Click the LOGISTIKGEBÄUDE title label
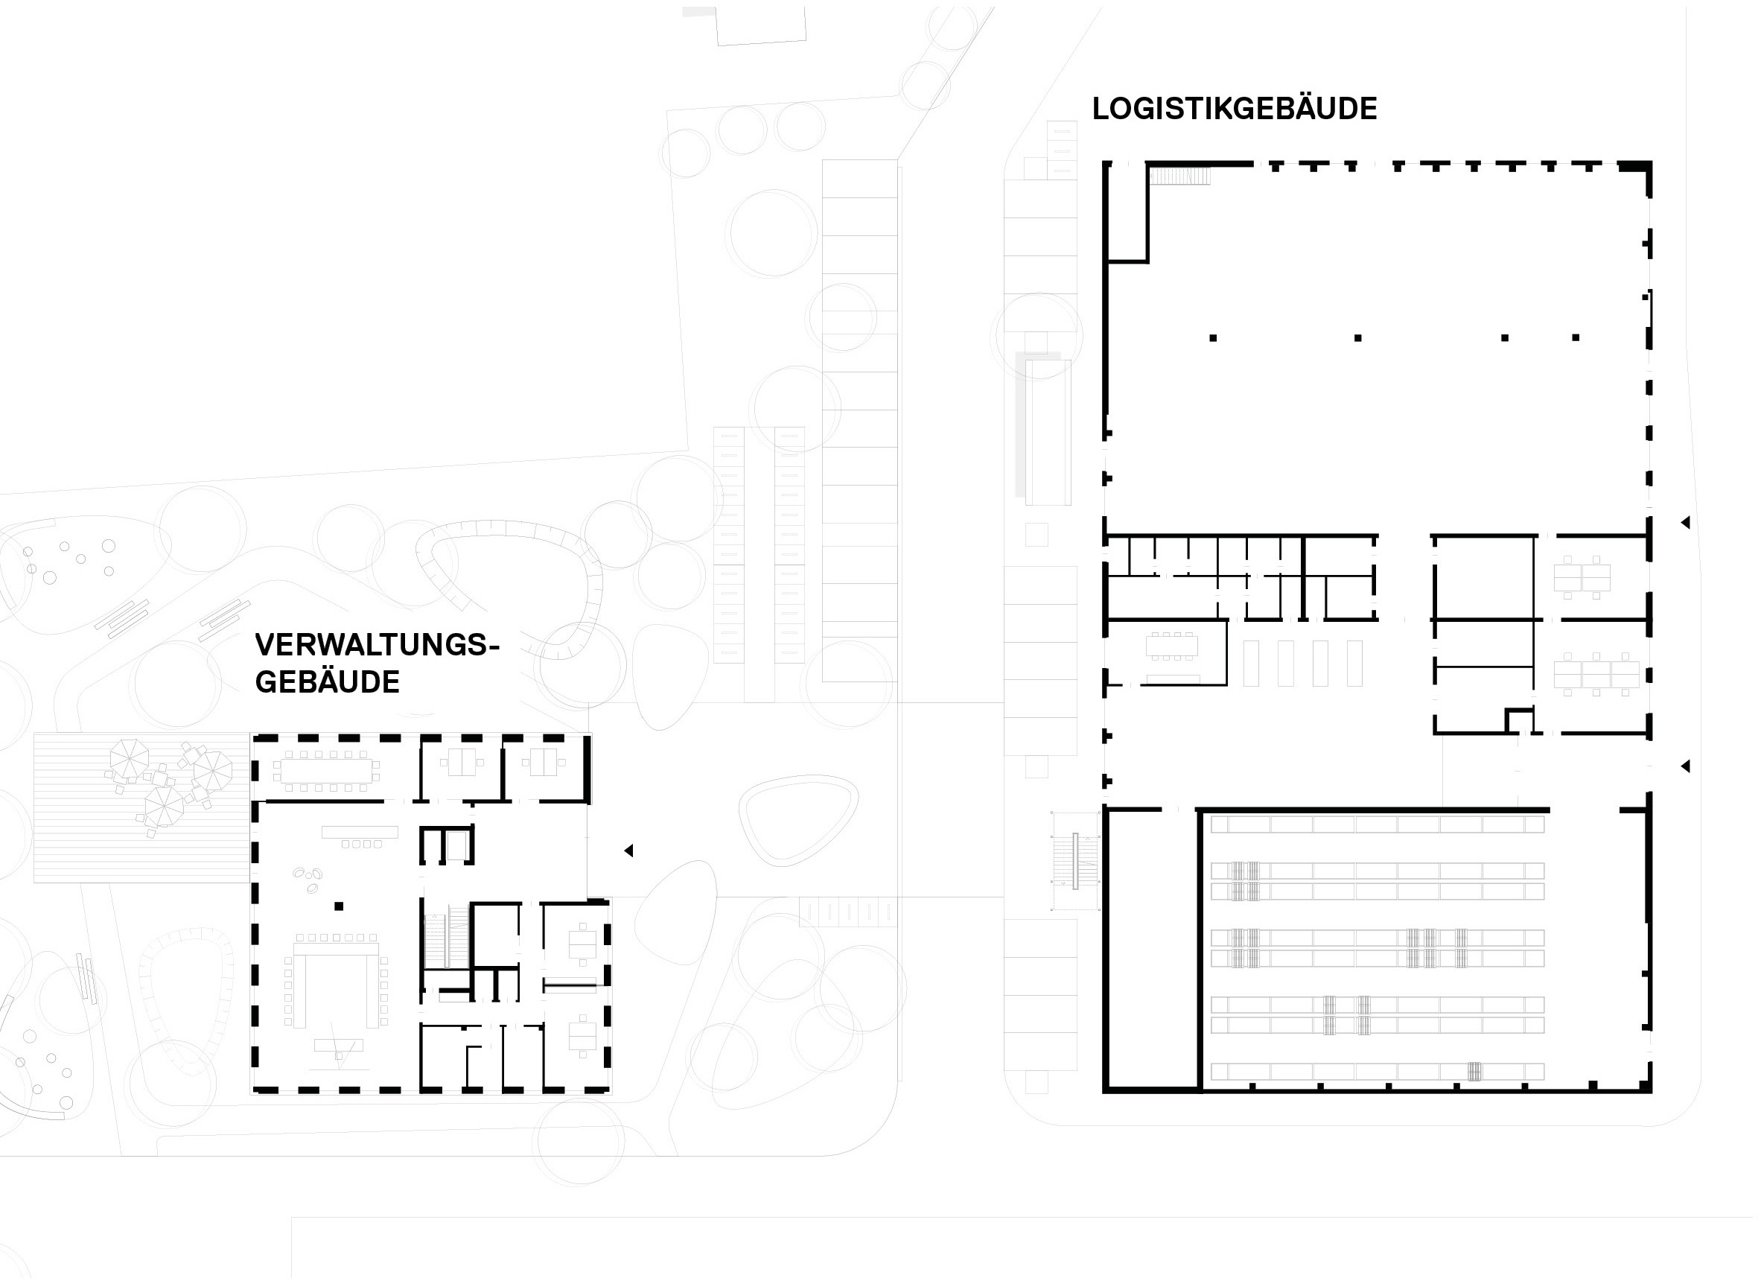(x=1234, y=108)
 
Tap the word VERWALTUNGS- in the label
(x=378, y=645)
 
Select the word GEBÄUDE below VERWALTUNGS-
(x=327, y=682)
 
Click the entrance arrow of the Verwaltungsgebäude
(x=629, y=851)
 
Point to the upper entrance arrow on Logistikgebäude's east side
(x=1685, y=523)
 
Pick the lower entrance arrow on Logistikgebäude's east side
(x=1685, y=766)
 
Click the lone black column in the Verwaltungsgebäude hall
(x=339, y=906)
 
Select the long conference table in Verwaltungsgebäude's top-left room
(x=325, y=771)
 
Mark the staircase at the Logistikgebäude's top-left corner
(x=1179, y=177)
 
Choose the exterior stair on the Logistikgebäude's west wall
(x=1075, y=861)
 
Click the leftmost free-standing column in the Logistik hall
(x=1213, y=338)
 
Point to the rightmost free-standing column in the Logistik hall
(x=1576, y=338)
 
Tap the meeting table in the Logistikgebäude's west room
(x=1172, y=646)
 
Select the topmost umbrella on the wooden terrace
(x=129, y=758)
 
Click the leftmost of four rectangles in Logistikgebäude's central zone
(x=1251, y=664)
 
